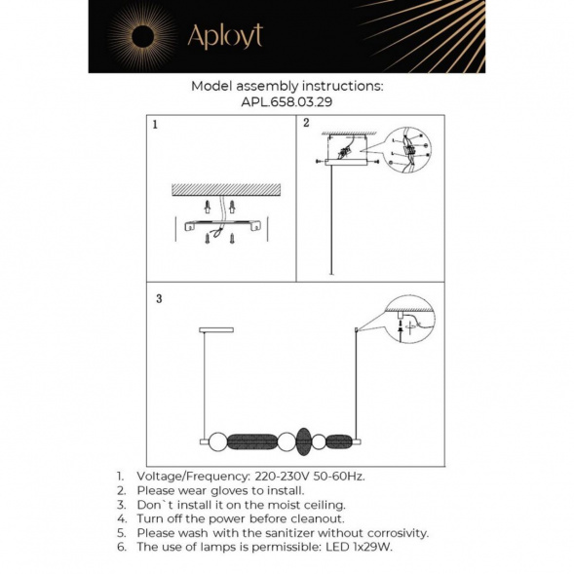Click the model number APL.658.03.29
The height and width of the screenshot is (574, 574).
point(287,100)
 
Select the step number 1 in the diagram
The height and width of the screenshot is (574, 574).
point(155,126)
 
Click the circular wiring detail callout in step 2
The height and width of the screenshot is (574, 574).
point(407,151)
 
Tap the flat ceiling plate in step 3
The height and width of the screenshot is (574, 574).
point(216,330)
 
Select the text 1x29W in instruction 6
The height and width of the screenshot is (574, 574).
point(371,547)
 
